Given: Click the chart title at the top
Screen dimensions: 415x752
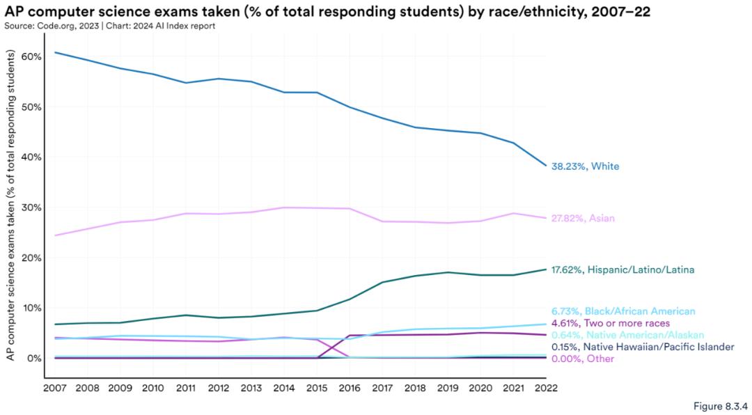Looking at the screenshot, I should tap(327, 10).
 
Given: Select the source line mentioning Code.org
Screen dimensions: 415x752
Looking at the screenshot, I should tap(110, 26).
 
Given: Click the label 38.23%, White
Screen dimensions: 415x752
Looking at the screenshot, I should tap(585, 167).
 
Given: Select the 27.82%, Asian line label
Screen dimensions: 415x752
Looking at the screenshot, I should tap(583, 219).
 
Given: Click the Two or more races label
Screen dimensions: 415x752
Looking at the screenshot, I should tap(610, 323).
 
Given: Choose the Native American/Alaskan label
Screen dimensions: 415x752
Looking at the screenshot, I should tap(627, 335).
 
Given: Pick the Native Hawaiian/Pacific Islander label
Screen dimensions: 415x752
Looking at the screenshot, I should tap(642, 347).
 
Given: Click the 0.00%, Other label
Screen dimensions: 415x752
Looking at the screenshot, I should tap(583, 359).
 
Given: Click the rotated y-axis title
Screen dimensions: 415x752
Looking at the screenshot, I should tap(11, 205).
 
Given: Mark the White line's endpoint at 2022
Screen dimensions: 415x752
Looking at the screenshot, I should tap(546, 166).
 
